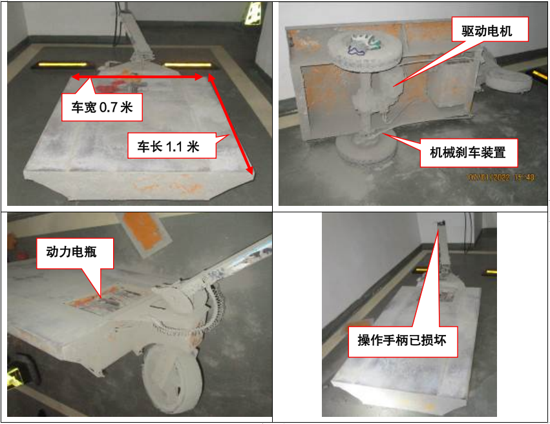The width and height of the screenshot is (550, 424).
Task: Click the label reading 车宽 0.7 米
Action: click(x=101, y=107)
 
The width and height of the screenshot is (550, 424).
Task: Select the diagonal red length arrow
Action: click(x=231, y=125)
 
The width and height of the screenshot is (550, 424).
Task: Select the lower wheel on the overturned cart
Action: click(x=366, y=149)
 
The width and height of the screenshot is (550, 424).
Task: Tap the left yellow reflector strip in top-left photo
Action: click(x=63, y=65)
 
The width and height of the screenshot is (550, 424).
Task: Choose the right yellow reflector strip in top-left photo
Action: click(x=187, y=65)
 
